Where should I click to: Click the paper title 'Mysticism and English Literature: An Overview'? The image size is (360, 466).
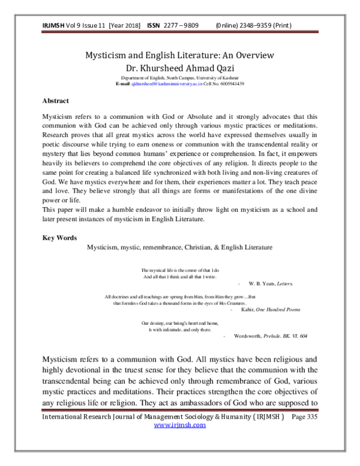pos(179,55)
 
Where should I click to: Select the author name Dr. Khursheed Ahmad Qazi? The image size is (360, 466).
pos(179,67)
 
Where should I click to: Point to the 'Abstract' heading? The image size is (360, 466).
pos(55,101)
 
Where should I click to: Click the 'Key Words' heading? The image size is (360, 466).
pos(59,237)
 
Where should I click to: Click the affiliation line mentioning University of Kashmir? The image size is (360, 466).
pos(179,78)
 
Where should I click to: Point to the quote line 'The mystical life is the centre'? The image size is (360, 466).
pos(180,270)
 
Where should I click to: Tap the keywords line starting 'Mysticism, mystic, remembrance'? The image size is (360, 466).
pos(179,247)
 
